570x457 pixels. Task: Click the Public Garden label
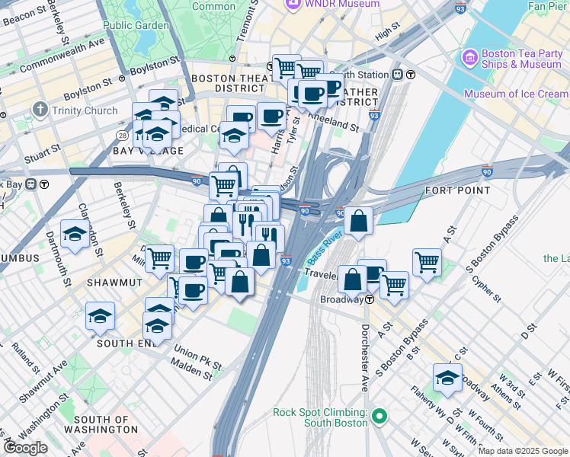(x=136, y=25)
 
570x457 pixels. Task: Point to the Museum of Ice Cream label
(x=516, y=94)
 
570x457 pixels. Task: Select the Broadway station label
(x=341, y=299)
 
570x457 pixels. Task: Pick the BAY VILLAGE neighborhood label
(x=148, y=151)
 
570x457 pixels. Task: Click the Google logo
(x=25, y=448)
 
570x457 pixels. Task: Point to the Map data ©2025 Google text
(x=521, y=451)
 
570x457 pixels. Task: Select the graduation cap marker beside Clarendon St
(x=75, y=235)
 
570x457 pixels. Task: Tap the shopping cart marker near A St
(x=427, y=261)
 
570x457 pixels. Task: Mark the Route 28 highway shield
(x=122, y=135)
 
